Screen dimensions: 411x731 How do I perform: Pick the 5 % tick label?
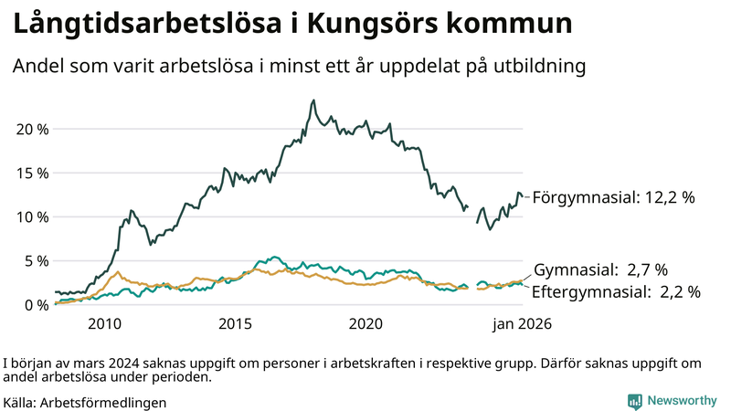(37, 260)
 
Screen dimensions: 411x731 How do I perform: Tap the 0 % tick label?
(37, 304)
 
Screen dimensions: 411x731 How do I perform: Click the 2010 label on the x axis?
(104, 324)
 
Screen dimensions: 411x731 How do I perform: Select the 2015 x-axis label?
(235, 324)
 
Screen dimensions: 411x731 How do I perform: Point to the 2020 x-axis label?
(365, 324)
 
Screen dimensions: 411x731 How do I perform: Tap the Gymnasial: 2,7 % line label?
(600, 269)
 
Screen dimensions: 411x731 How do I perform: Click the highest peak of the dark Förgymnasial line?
(313, 100)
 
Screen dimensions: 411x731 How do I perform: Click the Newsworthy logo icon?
(634, 401)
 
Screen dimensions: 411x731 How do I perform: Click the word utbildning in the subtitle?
(538, 67)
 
